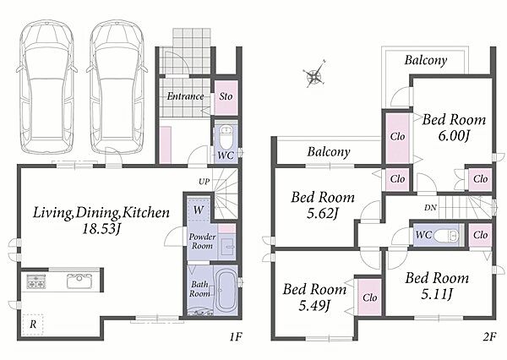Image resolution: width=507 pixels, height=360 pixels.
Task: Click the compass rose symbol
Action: [x=314, y=76]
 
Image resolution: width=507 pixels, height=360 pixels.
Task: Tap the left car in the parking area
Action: [x=46, y=87]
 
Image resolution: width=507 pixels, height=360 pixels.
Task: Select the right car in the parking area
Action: [x=117, y=87]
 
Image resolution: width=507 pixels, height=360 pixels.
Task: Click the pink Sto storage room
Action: [x=226, y=97]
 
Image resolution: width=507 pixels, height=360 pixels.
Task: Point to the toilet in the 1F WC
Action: [x=226, y=136]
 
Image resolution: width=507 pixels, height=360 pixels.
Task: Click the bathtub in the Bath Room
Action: [x=226, y=291]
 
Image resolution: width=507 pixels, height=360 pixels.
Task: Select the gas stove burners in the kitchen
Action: [x=36, y=281]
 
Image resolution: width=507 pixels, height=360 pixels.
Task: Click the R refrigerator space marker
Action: [x=33, y=325]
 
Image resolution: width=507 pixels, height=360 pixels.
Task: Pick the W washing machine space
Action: [x=199, y=210]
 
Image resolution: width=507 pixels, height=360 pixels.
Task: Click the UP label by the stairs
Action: [x=204, y=182]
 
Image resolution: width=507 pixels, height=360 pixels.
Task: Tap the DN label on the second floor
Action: [x=430, y=208]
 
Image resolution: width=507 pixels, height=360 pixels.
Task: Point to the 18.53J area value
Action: [x=101, y=229]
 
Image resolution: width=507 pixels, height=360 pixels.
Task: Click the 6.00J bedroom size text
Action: [x=454, y=135]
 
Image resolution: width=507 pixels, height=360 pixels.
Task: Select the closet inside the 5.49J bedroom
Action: [x=369, y=297]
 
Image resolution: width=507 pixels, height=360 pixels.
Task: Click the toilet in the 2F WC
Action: [x=446, y=235]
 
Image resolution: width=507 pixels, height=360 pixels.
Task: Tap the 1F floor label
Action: [x=236, y=337]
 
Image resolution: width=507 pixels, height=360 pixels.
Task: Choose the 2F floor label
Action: [x=489, y=337]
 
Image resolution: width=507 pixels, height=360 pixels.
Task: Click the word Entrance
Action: [x=185, y=96]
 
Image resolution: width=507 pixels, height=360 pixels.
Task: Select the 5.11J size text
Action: [x=437, y=294]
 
